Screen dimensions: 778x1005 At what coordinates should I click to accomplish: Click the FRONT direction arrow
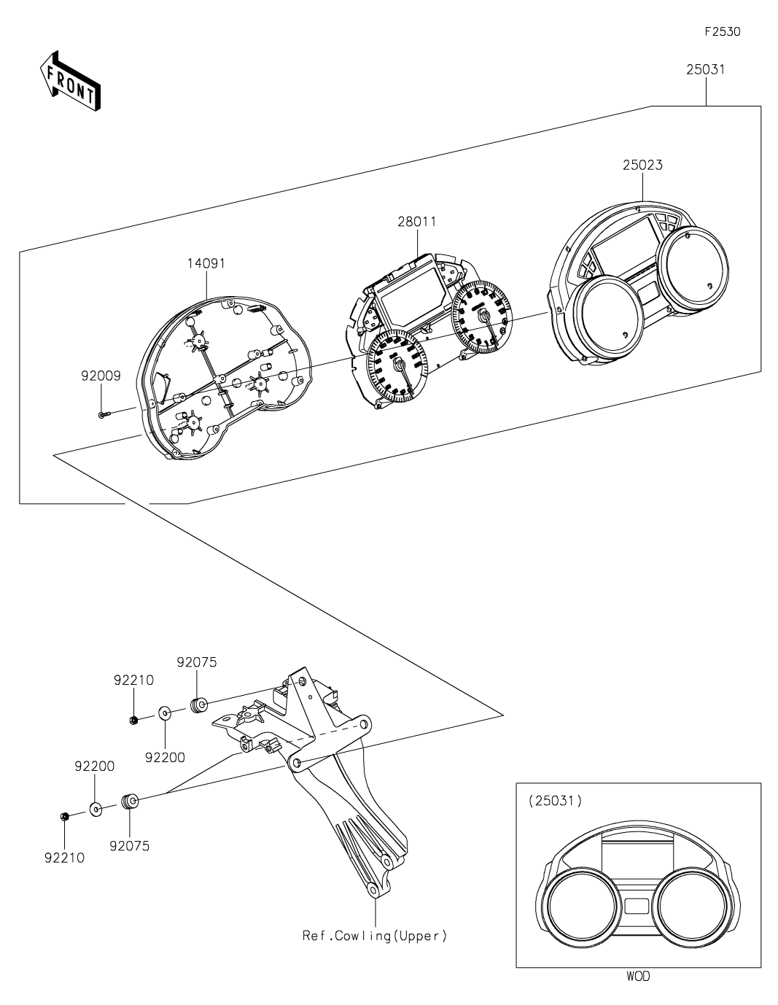(x=70, y=80)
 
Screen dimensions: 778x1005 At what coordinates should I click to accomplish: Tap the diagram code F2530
(x=723, y=31)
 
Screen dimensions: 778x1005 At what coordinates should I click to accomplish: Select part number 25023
(x=642, y=165)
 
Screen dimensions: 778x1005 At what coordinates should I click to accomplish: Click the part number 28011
(x=417, y=222)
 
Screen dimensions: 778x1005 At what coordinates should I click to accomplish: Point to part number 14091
(x=206, y=263)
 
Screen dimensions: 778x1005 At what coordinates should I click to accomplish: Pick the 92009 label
(x=101, y=376)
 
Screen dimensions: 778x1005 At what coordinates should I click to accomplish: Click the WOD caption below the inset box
(x=639, y=977)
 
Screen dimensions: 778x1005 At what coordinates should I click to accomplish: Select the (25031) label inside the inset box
(x=555, y=801)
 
